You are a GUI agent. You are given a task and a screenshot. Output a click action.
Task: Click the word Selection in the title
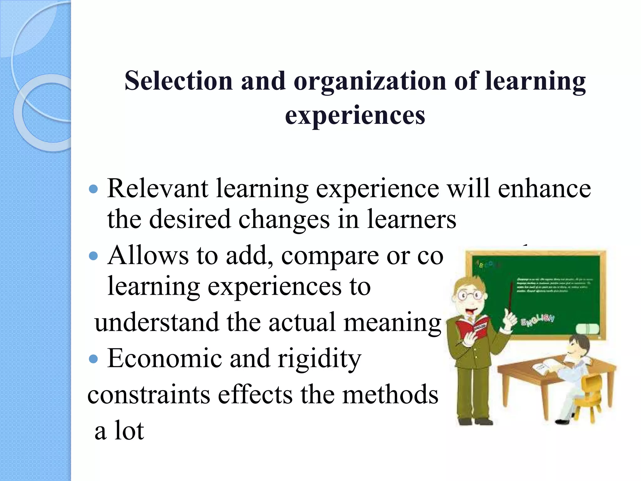pyautogui.click(x=178, y=81)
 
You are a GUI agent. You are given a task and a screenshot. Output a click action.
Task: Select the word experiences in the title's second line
pyautogui.click(x=355, y=115)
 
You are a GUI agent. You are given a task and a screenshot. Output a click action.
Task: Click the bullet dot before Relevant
pyautogui.click(x=93, y=189)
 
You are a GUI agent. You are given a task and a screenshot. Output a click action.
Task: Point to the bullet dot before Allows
pyautogui.click(x=93, y=256)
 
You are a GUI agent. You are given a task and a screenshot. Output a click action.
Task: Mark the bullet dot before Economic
pyautogui.click(x=93, y=359)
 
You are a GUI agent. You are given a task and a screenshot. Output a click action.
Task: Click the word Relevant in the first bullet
pyautogui.click(x=157, y=189)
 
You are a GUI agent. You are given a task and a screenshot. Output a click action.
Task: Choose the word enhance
pyautogui.click(x=544, y=189)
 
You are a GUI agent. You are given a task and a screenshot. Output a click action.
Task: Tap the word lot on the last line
pyautogui.click(x=129, y=431)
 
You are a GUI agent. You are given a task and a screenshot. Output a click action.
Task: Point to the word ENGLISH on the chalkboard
pyautogui.click(x=537, y=319)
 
